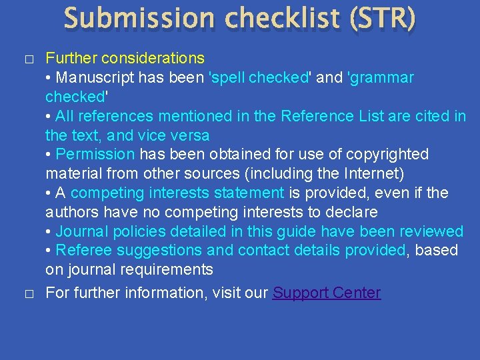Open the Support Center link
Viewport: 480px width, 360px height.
click(x=327, y=293)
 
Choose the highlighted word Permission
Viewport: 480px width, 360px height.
click(x=95, y=154)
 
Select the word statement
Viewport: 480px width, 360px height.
click(x=252, y=193)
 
